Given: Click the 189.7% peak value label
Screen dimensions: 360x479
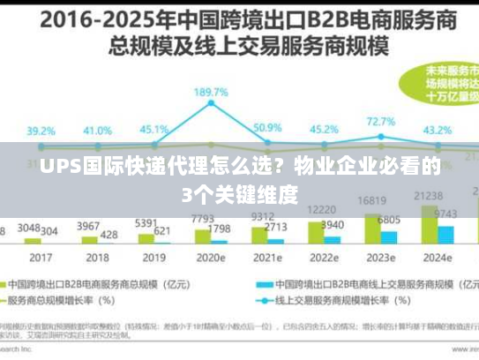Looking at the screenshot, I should (211, 92).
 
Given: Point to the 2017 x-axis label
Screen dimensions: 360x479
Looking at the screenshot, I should (41, 258).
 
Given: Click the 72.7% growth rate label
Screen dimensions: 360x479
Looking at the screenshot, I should (380, 122).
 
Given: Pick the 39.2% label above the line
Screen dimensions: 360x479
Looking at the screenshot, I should (41, 131).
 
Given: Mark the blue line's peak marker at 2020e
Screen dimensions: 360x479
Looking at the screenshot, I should (212, 103).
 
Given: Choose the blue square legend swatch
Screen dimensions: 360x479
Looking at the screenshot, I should (262, 285).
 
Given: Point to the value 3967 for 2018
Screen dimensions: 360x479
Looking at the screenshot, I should (88, 226).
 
